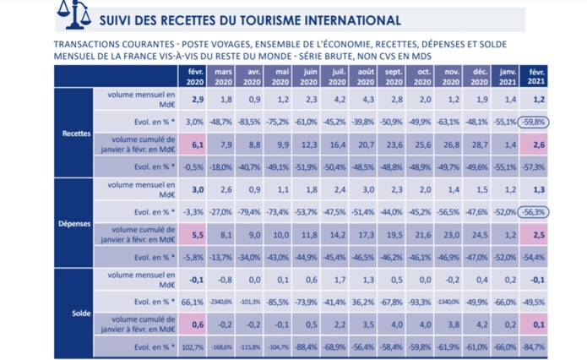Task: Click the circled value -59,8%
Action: [x=534, y=122]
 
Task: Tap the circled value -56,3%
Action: [x=534, y=211]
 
